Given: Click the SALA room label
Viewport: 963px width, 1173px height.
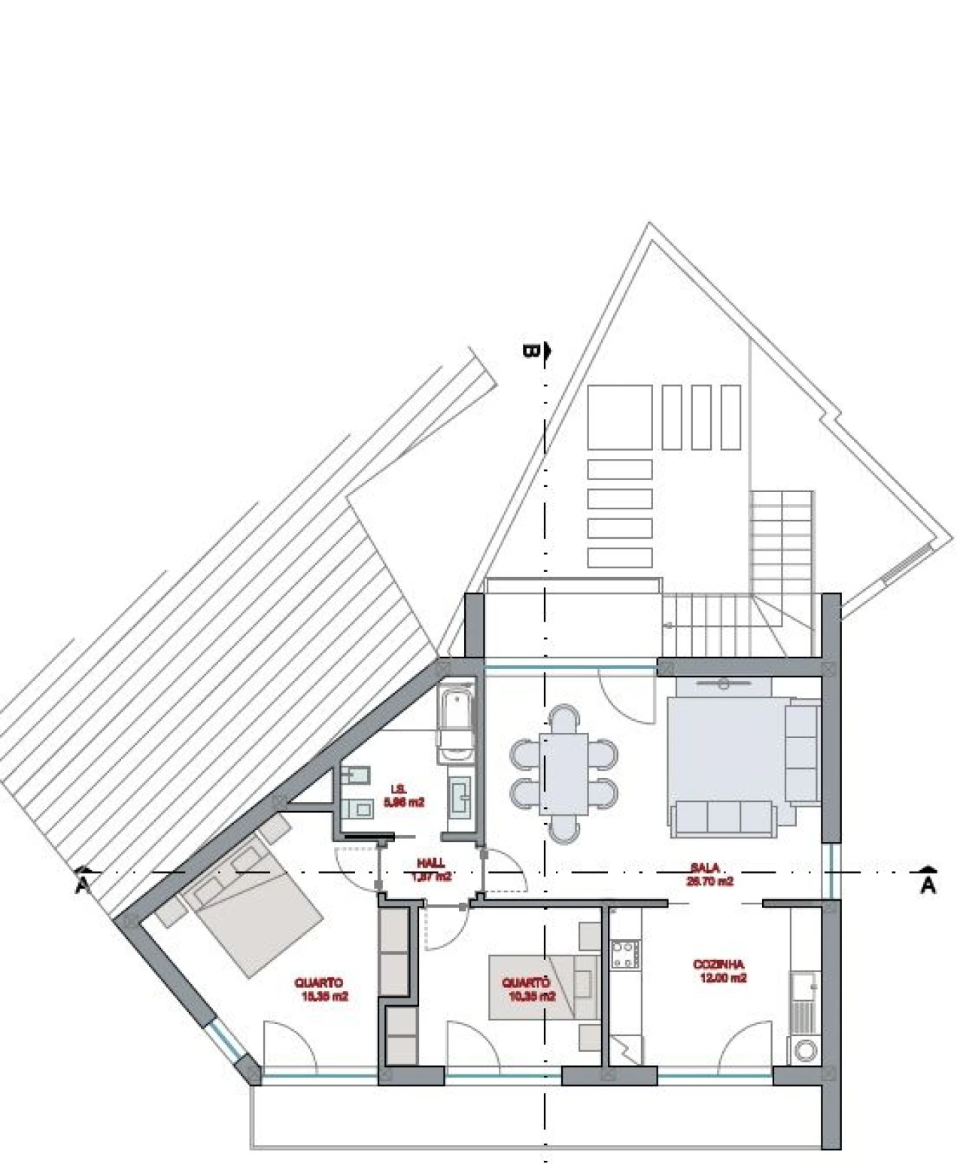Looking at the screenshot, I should point(709,867).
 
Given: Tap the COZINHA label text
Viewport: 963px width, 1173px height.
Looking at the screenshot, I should point(718,964).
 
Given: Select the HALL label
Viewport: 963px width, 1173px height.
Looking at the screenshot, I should point(431,864).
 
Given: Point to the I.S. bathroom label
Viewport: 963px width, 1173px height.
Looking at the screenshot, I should point(399,789).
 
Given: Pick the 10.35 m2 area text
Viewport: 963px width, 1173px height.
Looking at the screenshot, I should point(532,996).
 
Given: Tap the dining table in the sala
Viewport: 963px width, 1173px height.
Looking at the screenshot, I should point(564,773).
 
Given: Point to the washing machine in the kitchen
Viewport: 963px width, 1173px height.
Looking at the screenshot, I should point(806,1050).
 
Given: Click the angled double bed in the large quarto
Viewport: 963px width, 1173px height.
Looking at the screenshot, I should point(248,910).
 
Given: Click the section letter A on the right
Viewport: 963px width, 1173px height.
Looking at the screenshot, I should point(928,885).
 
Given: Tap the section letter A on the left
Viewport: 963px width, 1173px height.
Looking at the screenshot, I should point(82,886).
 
